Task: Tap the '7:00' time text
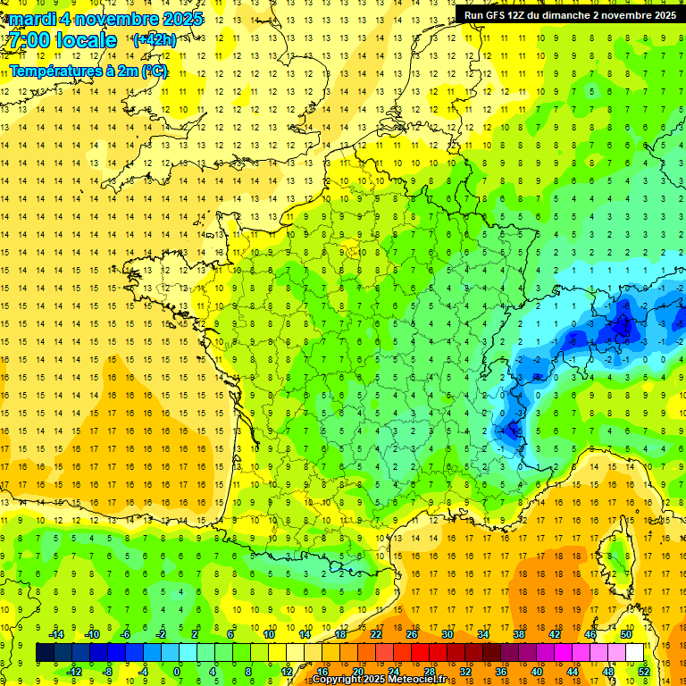29,40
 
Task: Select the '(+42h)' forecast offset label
154,40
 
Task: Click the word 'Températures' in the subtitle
54,71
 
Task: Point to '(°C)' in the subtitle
154,71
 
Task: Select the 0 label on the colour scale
177,672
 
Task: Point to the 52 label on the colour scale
644,672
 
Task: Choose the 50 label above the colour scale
626,634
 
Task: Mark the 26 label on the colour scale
412,634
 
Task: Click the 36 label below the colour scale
501,672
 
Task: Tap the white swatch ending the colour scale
634,653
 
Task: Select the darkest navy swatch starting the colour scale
45,653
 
